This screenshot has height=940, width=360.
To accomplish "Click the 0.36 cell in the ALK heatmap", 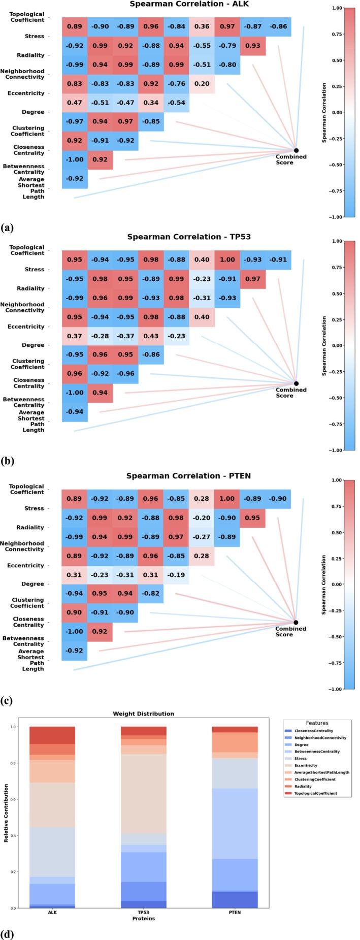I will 202,27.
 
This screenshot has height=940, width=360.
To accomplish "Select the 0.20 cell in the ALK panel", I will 202,84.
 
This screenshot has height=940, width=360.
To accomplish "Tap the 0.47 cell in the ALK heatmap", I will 75,103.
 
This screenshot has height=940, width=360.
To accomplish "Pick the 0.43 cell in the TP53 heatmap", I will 151,336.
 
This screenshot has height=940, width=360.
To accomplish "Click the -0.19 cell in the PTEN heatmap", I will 176,574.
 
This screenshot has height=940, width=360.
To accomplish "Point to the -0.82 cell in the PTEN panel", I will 151,593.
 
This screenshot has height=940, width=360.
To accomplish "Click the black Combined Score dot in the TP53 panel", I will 296,383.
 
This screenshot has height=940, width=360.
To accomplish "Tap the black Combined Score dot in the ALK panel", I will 296,150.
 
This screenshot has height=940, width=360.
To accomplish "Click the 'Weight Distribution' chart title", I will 143,714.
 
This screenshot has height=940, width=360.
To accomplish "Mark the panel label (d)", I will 7,933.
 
